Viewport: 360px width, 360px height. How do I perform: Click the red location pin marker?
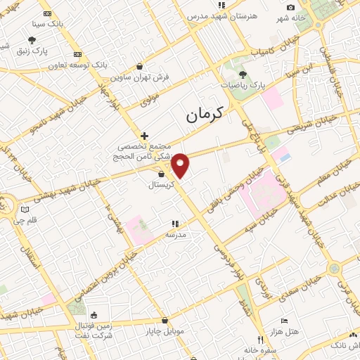[181, 165]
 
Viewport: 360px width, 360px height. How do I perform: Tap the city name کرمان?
[205, 114]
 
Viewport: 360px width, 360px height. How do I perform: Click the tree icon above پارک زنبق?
[32, 40]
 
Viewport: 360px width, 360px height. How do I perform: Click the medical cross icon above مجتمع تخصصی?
[144, 136]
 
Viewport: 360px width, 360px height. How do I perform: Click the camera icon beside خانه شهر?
[290, 7]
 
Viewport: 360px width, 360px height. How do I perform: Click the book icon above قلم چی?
[26, 209]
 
